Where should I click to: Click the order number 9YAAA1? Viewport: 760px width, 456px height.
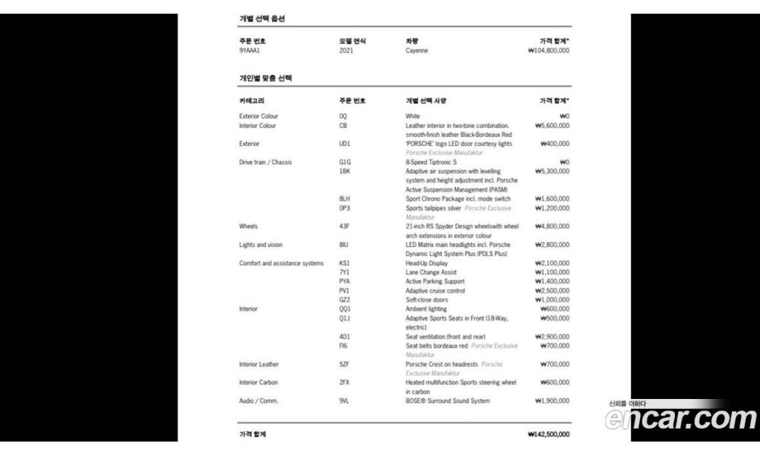[x=250, y=51]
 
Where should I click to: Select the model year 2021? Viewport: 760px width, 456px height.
[x=346, y=51]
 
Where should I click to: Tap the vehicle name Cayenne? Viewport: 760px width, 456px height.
[x=416, y=51]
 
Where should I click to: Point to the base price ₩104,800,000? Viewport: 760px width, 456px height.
[x=548, y=51]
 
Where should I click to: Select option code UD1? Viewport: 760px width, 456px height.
[x=344, y=143]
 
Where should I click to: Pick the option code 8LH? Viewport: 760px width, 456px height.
[x=344, y=198]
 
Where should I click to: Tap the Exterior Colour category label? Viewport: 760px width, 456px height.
[x=258, y=116]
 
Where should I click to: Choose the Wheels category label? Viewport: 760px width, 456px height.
[x=249, y=226]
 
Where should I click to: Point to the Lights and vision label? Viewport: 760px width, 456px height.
[x=261, y=245]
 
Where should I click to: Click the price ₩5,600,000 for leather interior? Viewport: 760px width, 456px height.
[x=552, y=125]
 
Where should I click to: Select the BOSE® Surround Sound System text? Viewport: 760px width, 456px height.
[x=448, y=401]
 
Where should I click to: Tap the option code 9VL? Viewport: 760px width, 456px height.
[x=344, y=401]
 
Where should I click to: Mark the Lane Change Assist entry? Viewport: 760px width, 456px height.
[x=431, y=272]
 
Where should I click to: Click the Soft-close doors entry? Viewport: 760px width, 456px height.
[x=426, y=300]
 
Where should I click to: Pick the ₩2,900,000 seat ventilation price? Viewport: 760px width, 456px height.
[x=552, y=337]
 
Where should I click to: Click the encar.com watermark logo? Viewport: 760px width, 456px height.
[x=681, y=418]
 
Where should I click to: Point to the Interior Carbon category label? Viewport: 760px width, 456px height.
[x=258, y=382]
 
